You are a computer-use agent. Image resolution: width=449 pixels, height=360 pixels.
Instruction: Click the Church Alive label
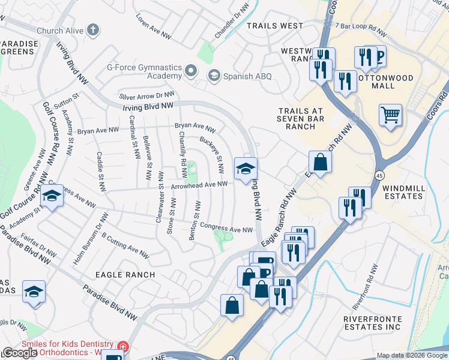click(x=62, y=30)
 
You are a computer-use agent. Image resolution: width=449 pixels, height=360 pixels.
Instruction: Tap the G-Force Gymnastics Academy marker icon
click(x=191, y=71)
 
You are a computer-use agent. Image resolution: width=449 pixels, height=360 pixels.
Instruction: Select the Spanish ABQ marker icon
click(x=214, y=76)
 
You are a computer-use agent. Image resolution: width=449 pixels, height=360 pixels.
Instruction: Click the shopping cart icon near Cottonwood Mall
click(x=390, y=114)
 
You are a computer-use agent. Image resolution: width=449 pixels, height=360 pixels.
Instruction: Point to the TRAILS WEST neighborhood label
click(x=275, y=26)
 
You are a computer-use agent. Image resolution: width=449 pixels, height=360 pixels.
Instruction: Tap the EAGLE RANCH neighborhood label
click(x=125, y=274)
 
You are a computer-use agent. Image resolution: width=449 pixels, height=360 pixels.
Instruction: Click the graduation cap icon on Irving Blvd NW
click(x=246, y=169)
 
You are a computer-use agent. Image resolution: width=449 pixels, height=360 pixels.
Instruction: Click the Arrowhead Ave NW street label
click(x=200, y=185)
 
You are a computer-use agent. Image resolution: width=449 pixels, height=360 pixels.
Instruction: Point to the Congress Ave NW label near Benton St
click(x=226, y=229)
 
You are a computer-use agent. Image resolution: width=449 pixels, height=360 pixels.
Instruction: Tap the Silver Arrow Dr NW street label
click(x=146, y=95)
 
